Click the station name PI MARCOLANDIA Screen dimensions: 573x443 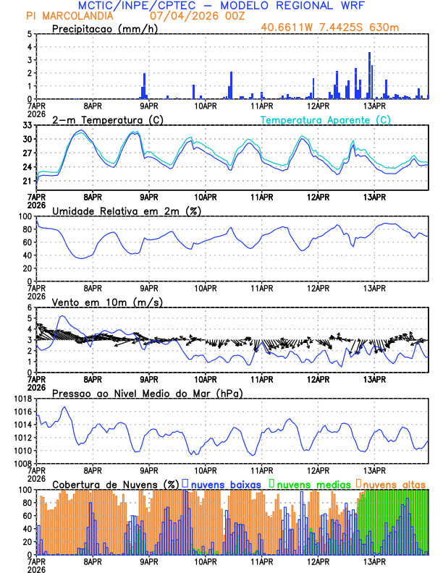pos(69,16)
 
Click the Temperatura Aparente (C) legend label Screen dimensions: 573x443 pos(326,119)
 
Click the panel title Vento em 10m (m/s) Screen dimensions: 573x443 pos(107,302)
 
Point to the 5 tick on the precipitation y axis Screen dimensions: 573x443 pos(29,34)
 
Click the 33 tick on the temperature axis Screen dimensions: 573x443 pos(28,125)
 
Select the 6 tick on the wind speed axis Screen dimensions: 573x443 pos(29,307)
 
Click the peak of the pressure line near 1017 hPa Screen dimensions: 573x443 pos(64,407)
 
